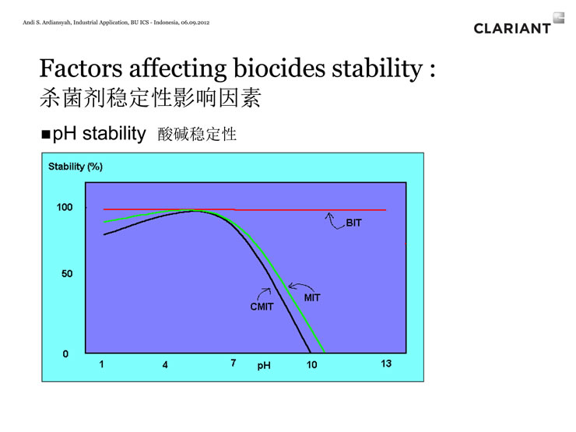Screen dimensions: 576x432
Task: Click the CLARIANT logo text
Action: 512,28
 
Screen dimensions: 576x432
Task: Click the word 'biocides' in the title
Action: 279,68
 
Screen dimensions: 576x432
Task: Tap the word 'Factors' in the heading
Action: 81,68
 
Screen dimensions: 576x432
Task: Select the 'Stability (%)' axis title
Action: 76,167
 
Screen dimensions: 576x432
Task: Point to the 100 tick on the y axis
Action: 65,207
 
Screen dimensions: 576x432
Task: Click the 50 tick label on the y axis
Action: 67,274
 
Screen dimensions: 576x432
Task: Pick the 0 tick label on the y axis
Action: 65,353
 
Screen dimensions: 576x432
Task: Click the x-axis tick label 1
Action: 101,364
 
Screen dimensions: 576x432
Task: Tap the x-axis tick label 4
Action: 165,365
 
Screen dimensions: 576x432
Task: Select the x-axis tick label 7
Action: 234,363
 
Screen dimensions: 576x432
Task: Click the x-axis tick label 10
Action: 311,365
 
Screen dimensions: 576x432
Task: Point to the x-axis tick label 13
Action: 386,364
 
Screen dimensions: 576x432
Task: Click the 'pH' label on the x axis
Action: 264,366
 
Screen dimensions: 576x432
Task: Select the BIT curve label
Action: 353,223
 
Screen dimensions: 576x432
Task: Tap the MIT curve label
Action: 312,297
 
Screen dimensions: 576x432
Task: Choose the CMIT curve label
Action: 262,307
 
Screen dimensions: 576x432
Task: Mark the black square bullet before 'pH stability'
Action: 46,134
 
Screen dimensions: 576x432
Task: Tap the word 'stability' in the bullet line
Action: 114,133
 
